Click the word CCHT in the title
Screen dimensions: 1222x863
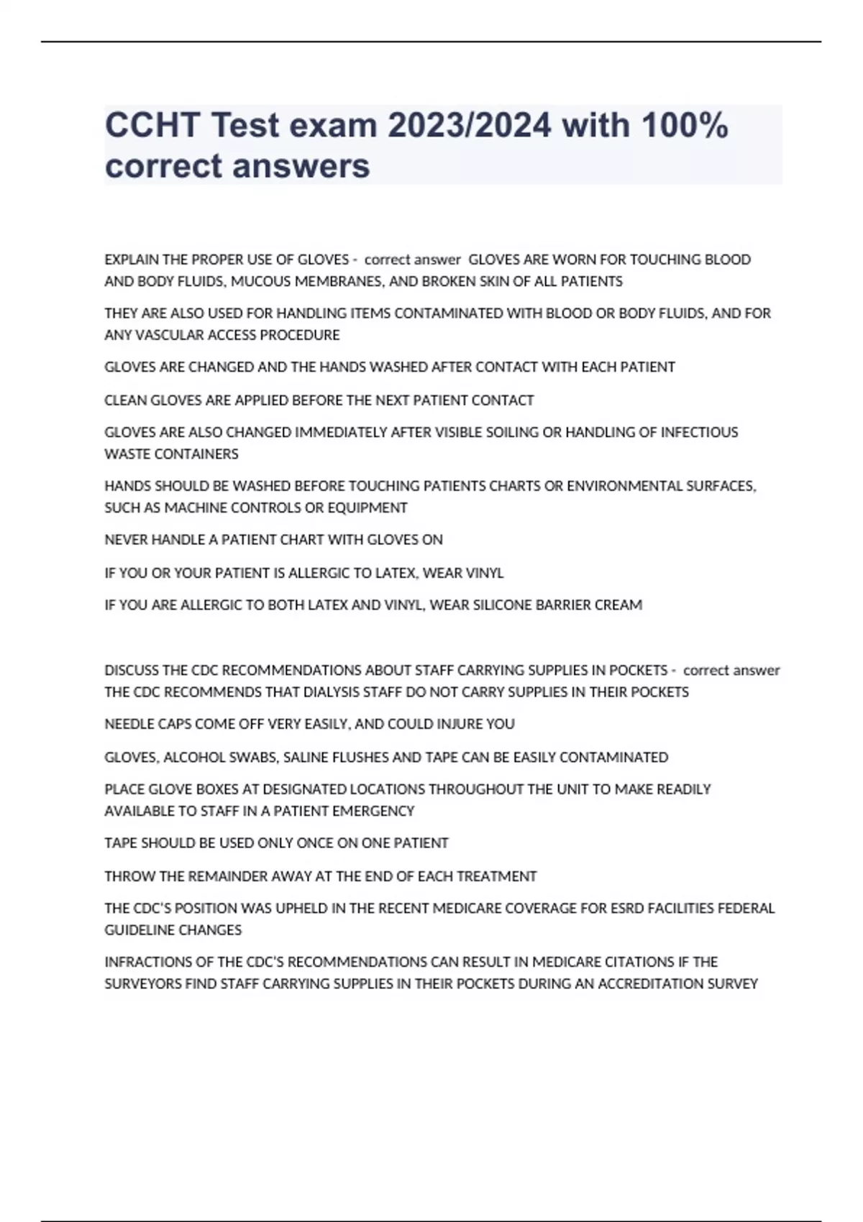(152, 125)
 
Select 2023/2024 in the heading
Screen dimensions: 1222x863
(470, 125)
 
